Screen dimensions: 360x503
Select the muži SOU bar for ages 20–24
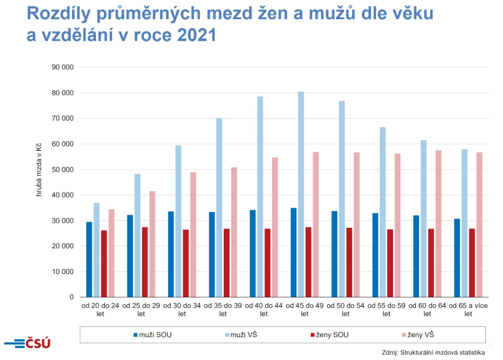tap(89, 259)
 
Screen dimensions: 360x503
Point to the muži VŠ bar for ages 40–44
tap(260, 197)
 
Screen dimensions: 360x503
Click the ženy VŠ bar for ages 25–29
tap(152, 244)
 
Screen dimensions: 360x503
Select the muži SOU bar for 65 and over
tap(457, 258)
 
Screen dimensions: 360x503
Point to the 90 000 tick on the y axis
tap(63, 67)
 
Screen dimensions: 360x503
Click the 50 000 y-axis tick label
tap(63, 170)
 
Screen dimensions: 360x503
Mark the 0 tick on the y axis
tap(71, 298)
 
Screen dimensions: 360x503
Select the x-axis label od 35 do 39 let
tap(223, 310)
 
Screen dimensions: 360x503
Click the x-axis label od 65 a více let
tap(468, 310)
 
